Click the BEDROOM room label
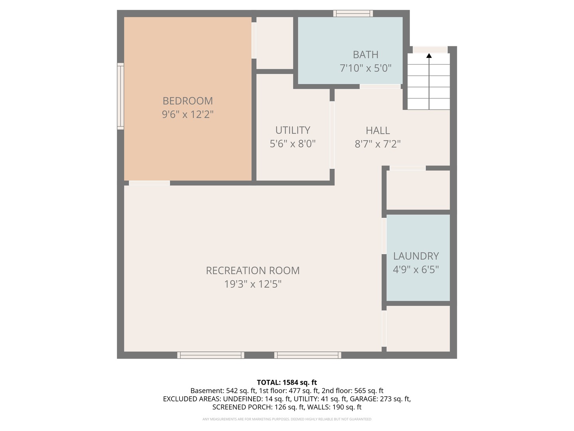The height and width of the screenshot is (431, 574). click(x=187, y=101)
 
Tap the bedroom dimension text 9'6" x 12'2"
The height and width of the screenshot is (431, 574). click(x=187, y=115)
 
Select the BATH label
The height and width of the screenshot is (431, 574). click(x=366, y=55)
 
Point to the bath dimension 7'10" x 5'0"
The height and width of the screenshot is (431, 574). click(x=366, y=68)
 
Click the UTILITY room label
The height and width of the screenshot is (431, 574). click(x=293, y=130)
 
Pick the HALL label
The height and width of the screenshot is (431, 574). click(x=377, y=130)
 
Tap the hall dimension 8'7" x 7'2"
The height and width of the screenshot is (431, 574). click(x=377, y=144)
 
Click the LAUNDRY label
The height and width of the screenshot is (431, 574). click(x=416, y=256)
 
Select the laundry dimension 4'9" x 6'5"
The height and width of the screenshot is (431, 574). click(x=416, y=270)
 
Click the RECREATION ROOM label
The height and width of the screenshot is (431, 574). click(x=253, y=271)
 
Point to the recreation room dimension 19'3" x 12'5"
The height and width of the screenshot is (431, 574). click(x=253, y=284)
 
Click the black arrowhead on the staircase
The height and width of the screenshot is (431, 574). click(x=429, y=56)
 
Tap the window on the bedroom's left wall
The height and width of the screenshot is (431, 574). click(x=120, y=96)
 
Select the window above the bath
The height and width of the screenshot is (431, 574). click(x=353, y=13)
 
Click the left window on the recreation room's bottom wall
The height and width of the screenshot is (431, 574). click(x=210, y=355)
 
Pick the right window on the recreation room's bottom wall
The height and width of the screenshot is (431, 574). click(x=307, y=355)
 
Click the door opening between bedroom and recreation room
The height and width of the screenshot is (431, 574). click(x=149, y=183)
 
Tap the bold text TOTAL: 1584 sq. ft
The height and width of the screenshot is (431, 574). click(x=287, y=382)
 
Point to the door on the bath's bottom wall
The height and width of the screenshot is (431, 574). click(x=380, y=87)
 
